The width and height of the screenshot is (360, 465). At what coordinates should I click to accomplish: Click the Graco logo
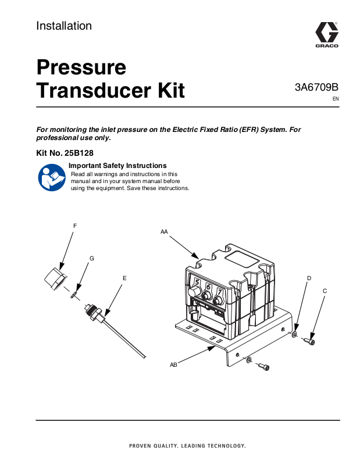click(326, 34)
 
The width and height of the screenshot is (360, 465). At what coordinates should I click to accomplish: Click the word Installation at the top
click(64, 26)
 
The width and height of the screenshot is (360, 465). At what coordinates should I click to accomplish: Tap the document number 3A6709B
click(316, 88)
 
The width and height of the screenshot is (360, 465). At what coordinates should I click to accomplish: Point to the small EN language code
click(335, 99)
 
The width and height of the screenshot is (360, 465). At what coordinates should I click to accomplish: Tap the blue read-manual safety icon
click(51, 177)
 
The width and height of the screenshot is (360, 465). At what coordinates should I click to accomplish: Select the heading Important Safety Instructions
click(117, 166)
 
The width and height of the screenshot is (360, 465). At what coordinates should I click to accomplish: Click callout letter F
click(74, 226)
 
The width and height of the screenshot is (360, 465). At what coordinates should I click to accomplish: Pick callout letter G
click(91, 257)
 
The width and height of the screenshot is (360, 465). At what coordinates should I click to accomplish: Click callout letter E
click(124, 278)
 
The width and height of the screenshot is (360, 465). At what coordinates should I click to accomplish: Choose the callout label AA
click(164, 231)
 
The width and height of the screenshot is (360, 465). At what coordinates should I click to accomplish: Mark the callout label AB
click(173, 364)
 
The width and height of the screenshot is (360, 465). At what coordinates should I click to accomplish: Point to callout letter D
click(309, 279)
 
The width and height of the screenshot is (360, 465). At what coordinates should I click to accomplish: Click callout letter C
click(324, 290)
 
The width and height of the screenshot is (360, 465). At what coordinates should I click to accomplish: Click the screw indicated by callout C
click(310, 342)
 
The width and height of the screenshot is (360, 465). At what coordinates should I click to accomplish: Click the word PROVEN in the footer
click(140, 446)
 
